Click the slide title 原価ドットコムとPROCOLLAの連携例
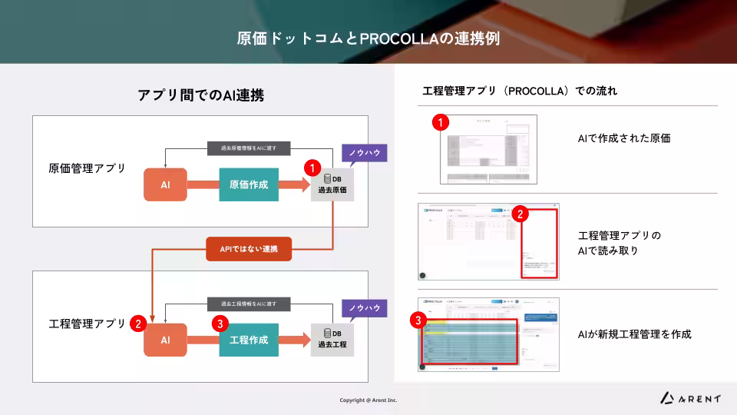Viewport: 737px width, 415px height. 368,38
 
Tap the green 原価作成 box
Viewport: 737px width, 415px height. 249,184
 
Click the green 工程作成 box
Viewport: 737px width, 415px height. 249,340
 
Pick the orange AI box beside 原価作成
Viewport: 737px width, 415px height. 165,184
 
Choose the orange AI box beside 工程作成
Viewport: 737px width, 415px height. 165,340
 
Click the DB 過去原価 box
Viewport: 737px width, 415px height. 332,184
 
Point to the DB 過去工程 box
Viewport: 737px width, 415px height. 332,340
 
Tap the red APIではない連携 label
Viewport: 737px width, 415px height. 249,249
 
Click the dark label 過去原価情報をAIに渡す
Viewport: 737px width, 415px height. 249,148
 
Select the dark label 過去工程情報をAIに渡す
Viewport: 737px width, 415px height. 249,304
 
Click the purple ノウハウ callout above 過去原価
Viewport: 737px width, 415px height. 364,153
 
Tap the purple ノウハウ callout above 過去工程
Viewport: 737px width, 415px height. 364,308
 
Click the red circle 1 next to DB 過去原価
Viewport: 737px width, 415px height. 312,167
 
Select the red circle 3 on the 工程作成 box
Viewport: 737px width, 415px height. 220,324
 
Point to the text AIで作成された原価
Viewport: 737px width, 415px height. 624,138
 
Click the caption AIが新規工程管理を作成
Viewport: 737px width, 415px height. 634,334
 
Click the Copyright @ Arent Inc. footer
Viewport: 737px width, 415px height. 368,400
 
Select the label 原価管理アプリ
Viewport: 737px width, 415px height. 87,168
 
